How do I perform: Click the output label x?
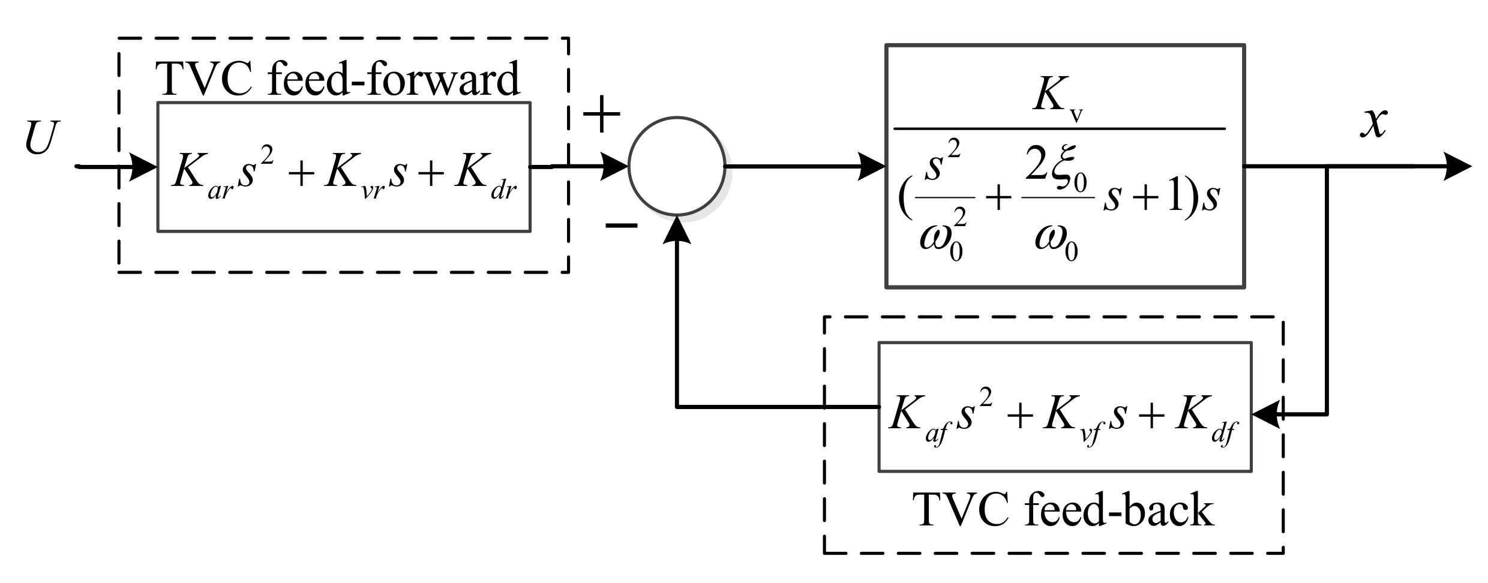[x=1373, y=124]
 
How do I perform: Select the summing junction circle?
[x=677, y=166]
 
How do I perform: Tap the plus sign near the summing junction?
[x=601, y=114]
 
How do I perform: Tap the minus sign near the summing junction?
[x=621, y=225]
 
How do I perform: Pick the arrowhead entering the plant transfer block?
[x=872, y=166]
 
